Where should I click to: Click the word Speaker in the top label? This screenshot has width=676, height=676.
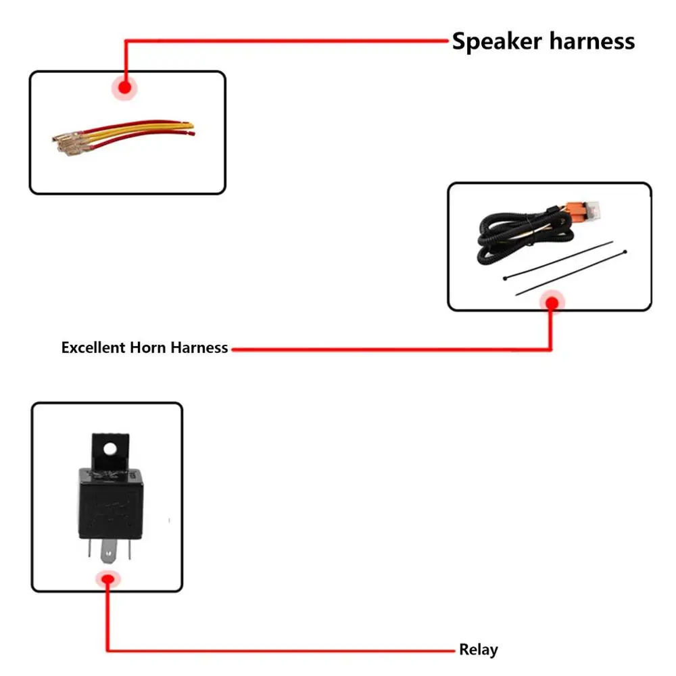coord(497,42)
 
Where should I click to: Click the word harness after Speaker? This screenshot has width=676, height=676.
coord(592,41)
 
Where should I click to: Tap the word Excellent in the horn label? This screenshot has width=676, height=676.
coord(93,347)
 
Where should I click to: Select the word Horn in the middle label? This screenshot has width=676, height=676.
coord(148,347)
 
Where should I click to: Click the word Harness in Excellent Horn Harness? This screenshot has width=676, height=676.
coord(199,347)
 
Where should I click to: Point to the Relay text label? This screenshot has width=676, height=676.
coord(479,649)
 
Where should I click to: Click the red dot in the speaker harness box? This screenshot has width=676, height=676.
coord(124,87)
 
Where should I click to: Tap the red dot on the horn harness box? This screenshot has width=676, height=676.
coord(552,303)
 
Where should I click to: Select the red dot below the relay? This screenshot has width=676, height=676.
coord(107,579)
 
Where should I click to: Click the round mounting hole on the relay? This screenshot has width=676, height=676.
coord(110,449)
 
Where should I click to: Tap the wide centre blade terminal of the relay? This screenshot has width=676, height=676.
coord(108,552)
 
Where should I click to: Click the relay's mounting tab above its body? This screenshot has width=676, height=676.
coord(110,451)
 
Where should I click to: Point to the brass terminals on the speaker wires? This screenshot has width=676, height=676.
coord(68,143)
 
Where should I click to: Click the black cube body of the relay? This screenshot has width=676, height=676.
coord(111,504)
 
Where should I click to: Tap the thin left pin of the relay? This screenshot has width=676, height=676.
coord(90,548)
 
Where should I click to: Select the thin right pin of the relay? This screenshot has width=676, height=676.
coord(129,549)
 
